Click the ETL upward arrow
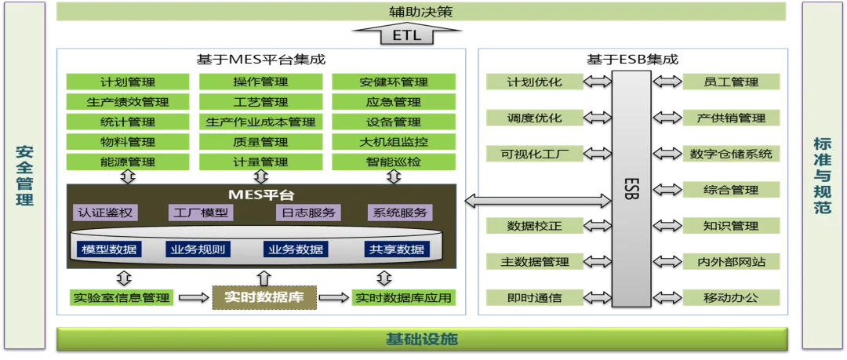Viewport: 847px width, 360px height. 406,35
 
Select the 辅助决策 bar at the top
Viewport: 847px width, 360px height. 421,11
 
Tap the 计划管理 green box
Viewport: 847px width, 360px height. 128,82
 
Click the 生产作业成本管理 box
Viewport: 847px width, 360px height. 261,121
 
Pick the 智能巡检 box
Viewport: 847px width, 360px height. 393,161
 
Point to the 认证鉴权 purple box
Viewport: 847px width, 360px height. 105,213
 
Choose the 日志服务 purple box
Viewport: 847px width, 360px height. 308,213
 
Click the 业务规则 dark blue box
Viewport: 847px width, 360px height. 198,249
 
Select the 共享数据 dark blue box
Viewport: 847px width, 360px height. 397,249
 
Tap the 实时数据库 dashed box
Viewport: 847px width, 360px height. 264,297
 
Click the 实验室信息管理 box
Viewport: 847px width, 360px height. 122,297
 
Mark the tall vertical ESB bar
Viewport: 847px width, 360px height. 631,189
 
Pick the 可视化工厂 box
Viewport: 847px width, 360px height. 535,154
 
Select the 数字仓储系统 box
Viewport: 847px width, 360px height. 732,154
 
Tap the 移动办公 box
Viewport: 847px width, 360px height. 732,297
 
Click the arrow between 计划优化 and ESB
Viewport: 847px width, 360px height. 598,82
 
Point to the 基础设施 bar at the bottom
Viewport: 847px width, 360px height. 422,339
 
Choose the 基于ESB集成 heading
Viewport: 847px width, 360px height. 632,59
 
